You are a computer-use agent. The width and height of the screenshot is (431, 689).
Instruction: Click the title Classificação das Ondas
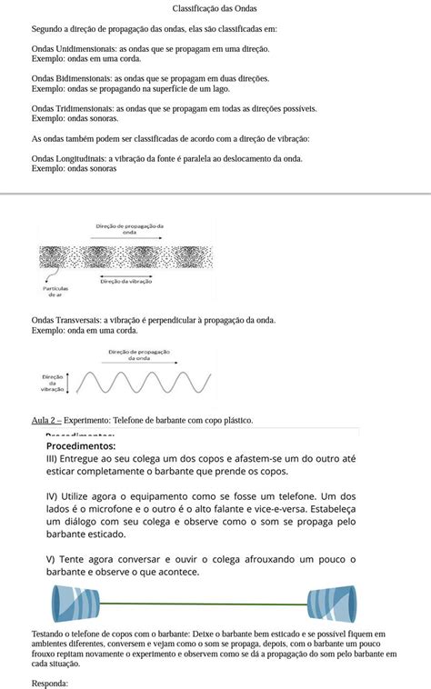pos(215,8)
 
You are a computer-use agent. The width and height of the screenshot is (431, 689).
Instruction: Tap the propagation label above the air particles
pos(128,228)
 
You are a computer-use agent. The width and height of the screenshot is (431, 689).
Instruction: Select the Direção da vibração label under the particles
pos(126,281)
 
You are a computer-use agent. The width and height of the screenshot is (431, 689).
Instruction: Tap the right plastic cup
pos(327,604)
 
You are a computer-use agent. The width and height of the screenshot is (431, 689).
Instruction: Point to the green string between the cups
pos(200,603)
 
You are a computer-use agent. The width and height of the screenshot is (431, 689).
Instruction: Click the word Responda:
pos(49,683)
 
